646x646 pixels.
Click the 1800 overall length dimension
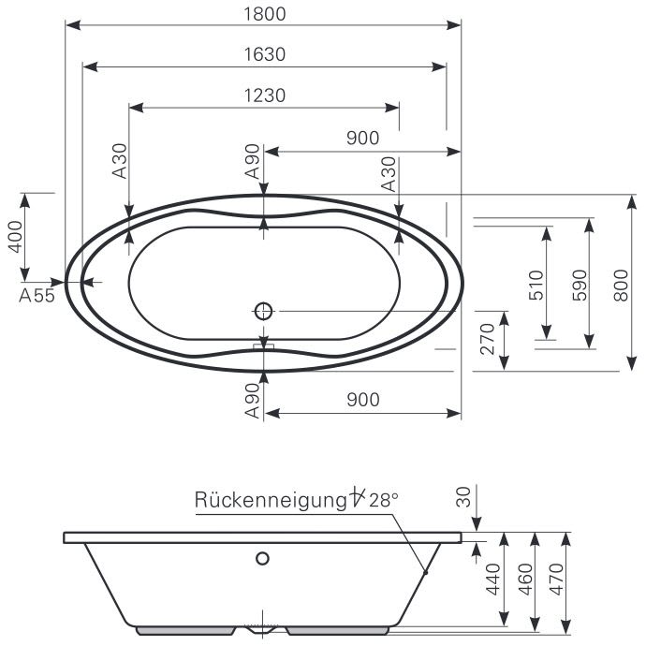pos(263,14)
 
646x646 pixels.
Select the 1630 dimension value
pos(263,54)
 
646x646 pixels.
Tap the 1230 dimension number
pos(263,95)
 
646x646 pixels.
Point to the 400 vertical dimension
pos(14,237)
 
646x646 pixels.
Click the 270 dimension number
pos(486,340)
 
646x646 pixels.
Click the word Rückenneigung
pos(271,500)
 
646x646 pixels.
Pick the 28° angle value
pos(383,500)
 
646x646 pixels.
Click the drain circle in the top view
pos(264,310)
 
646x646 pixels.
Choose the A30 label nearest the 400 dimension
pos(120,161)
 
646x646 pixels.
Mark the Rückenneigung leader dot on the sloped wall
pos(425,571)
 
